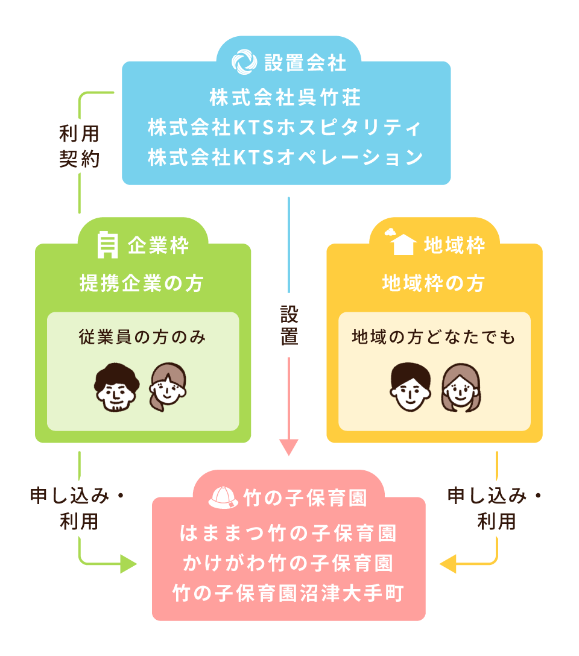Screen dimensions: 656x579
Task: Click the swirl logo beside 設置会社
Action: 245,62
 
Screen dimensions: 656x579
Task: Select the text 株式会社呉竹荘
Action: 285,97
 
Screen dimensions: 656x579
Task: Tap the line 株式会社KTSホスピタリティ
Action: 285,127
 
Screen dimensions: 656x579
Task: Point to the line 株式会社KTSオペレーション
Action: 285,157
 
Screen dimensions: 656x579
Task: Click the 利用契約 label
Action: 79,147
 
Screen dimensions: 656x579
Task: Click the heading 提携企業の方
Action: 141,283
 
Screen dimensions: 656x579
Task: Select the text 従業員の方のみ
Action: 142,338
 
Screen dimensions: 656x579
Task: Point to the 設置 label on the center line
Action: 289,325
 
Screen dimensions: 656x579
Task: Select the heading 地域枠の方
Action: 433,283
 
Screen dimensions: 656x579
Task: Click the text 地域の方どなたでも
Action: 434,338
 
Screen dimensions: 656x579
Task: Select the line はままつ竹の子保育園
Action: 288,534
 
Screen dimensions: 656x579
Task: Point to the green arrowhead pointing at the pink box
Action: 128,564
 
